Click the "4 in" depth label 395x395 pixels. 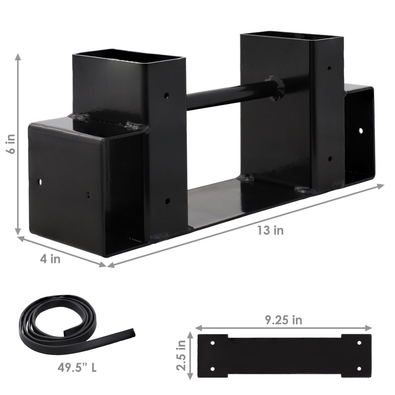pos(50,259)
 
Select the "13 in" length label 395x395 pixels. pos(270,230)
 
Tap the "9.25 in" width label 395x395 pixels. pos(283,320)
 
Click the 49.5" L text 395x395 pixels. pos(77,368)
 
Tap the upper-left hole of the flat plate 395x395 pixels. pos(213,343)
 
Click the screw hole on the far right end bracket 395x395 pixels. pos(361,130)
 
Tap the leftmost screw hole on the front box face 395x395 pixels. pos(41,181)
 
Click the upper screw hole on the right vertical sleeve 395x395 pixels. pos(329,68)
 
